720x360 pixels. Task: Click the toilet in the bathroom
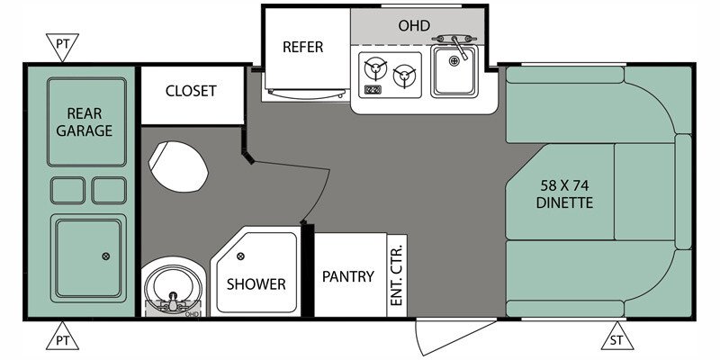(178, 166)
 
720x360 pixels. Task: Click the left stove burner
(375, 68)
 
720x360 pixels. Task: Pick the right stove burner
(404, 75)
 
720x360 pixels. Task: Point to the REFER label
(302, 47)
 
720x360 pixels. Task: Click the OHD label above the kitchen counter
(414, 25)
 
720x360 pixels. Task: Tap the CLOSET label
(191, 91)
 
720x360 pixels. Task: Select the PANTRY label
(348, 276)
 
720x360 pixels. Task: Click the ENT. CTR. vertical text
(396, 275)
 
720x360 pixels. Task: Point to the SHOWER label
(256, 283)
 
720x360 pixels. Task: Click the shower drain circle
(240, 256)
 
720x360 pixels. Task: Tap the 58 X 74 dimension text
(565, 186)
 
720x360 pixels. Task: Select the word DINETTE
(565, 202)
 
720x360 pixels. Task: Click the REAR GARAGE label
(85, 121)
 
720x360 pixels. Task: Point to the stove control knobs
(373, 89)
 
